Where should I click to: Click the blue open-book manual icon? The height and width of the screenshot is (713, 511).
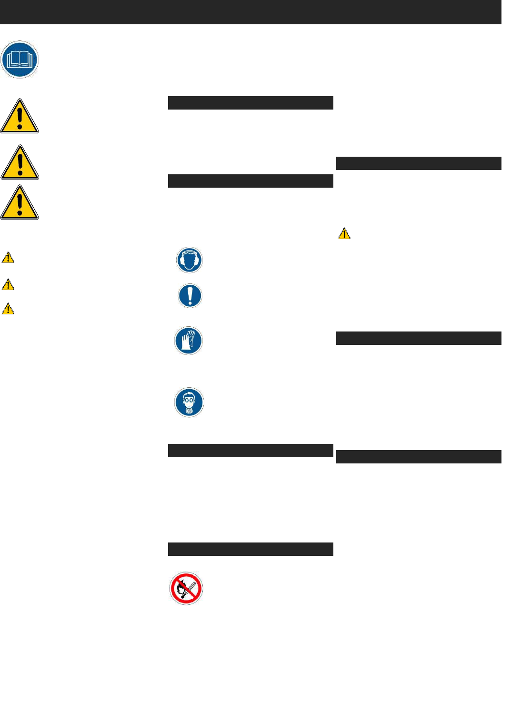point(20,60)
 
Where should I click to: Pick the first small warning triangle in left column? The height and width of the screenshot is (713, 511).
point(8,258)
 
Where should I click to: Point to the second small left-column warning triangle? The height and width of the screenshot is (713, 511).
point(8,285)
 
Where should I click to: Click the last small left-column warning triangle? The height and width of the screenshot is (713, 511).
point(8,309)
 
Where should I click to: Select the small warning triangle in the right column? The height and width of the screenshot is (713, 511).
point(344,234)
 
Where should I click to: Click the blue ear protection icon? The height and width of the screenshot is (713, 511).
point(190,260)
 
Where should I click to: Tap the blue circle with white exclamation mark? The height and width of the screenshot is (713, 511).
point(190,296)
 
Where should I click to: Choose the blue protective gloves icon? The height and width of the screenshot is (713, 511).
point(189,341)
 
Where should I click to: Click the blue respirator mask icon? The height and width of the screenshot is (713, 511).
point(189,402)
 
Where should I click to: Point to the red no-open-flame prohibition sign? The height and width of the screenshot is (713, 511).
point(186,589)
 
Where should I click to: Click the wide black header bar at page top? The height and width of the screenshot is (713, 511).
point(250,12)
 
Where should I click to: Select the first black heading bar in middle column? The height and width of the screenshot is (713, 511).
point(250,103)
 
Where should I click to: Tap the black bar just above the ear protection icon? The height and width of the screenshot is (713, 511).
point(250,181)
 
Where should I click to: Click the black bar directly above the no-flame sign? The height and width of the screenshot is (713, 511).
point(250,549)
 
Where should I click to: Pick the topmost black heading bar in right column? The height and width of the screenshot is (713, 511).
point(419,163)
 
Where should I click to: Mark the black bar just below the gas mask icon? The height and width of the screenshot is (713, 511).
point(250,451)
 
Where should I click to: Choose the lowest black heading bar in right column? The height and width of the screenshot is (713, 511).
point(419,457)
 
